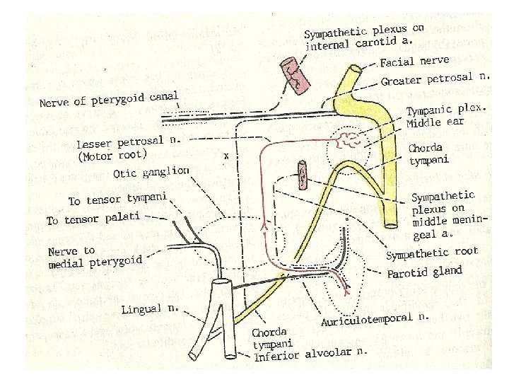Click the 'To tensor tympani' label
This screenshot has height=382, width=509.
[x=116, y=199]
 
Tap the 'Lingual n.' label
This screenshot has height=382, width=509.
[x=149, y=309]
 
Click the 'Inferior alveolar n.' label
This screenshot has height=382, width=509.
[x=311, y=353]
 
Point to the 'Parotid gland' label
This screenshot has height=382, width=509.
[x=423, y=272]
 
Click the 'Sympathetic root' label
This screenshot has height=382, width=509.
[x=431, y=253]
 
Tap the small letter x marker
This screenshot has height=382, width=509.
[x=225, y=156]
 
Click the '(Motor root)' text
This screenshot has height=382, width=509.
[x=113, y=155]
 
